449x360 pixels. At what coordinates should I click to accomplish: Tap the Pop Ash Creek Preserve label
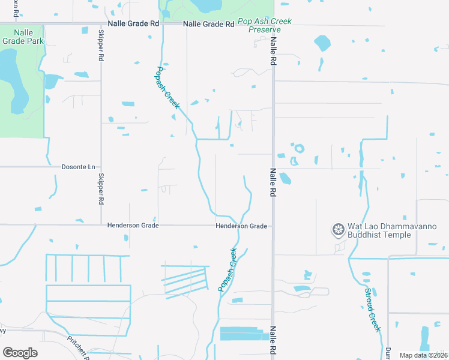(x=265, y=25)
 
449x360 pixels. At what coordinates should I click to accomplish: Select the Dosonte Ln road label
(x=79, y=167)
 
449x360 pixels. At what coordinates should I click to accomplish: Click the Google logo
(x=20, y=353)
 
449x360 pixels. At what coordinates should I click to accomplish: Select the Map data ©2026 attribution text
(x=423, y=355)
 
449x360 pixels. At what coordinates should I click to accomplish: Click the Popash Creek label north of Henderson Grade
(x=168, y=88)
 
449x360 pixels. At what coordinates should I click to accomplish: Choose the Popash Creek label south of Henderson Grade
(x=228, y=270)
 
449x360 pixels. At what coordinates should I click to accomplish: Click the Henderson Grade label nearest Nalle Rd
(x=241, y=226)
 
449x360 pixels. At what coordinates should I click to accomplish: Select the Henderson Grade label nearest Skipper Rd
(x=133, y=226)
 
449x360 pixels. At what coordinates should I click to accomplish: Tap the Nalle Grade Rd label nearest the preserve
(x=208, y=24)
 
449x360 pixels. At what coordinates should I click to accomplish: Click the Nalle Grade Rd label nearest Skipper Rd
(x=133, y=24)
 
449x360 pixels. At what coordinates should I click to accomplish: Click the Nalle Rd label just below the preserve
(x=273, y=50)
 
